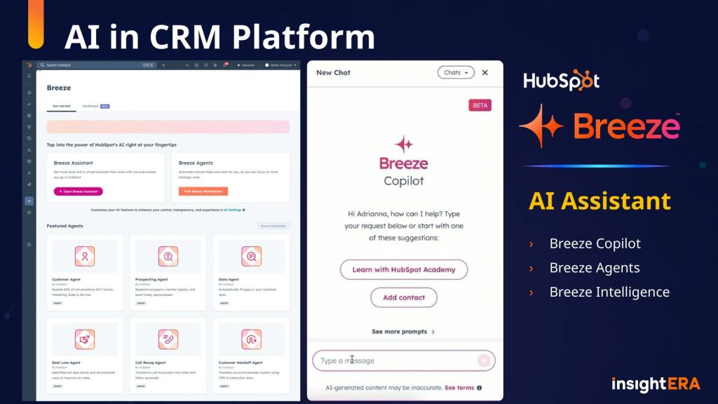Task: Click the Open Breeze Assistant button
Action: coord(78,191)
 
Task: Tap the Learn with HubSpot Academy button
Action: coord(404,269)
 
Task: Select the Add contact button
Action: coord(404,297)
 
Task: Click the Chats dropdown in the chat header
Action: coord(456,72)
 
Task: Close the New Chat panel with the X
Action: coord(485,72)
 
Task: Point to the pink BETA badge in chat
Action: coord(480,105)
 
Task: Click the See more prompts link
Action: coord(403,332)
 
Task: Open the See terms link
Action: coord(459,388)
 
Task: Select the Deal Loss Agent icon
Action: coord(85,339)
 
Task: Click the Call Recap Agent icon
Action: coord(168,339)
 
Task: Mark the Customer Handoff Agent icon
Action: coord(251,339)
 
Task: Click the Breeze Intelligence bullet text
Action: coord(609,292)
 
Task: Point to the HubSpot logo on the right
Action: coord(561,81)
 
